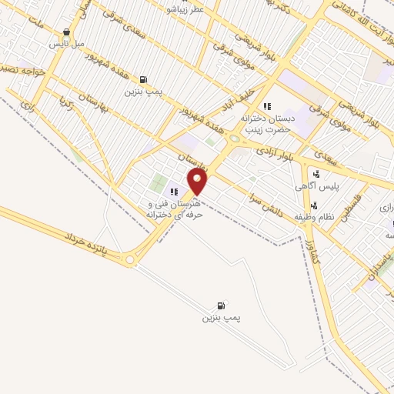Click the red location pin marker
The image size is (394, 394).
[x=198, y=182]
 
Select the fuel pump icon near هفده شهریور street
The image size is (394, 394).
[x=143, y=79]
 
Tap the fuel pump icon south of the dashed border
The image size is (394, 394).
[x=222, y=306]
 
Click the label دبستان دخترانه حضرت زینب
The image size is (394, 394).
[x=265, y=124]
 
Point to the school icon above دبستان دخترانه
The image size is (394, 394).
[x=266, y=106]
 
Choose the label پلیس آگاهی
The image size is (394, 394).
[x=314, y=186]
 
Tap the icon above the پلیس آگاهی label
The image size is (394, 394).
[x=316, y=174]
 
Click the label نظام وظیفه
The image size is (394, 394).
[x=314, y=218]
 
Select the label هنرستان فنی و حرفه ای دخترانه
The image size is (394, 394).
[x=176, y=209]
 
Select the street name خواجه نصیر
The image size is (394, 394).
[x=18, y=68]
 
